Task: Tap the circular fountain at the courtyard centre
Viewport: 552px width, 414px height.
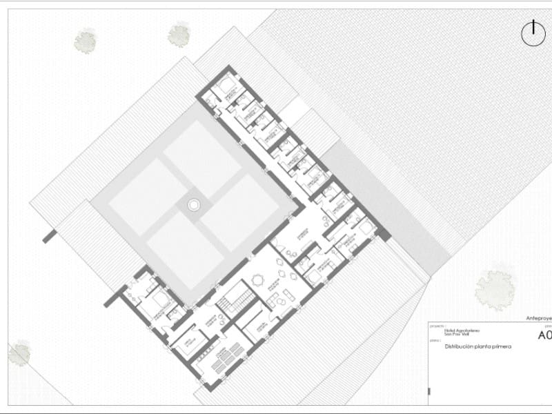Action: tap(194, 204)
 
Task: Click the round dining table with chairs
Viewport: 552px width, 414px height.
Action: tap(258, 279)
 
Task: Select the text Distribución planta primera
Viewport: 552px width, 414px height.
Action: tap(477, 346)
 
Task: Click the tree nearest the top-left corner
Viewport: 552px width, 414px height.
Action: tap(85, 41)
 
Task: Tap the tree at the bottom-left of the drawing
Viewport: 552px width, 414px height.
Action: tap(19, 353)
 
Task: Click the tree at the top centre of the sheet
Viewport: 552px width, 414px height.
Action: tap(179, 34)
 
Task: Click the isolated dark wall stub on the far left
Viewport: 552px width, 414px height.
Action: tap(49, 236)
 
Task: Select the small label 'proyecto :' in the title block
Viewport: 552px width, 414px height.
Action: tap(437, 325)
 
